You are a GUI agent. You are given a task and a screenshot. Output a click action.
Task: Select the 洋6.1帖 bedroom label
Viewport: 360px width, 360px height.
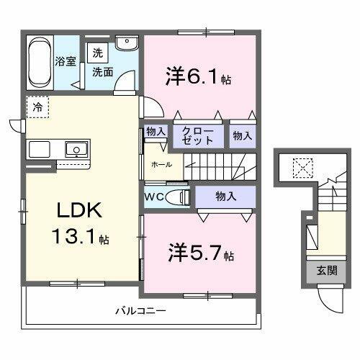[x=197, y=76]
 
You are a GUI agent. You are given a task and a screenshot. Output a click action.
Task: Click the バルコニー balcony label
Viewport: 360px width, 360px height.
[x=141, y=311]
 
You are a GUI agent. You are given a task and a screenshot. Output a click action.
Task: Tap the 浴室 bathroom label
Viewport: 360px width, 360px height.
[x=66, y=60]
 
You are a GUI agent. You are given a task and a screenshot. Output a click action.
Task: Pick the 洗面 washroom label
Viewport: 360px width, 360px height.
[x=102, y=71]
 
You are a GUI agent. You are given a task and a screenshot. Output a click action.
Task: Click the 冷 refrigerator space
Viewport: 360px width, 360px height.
[x=36, y=106]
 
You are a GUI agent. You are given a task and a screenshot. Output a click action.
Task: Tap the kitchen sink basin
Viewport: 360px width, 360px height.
[x=75, y=150]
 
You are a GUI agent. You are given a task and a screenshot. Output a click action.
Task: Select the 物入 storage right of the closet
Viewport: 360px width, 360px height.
[x=241, y=135]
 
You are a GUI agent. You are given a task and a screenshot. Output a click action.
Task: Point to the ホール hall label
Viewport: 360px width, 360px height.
[x=161, y=164]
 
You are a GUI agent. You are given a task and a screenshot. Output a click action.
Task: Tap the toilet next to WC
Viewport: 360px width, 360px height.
[x=179, y=197]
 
